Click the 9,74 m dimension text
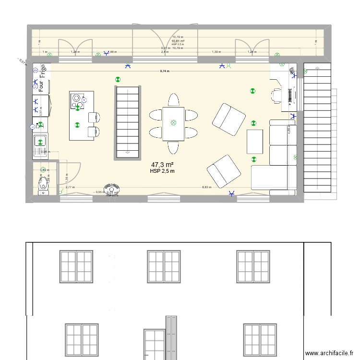coord(166,71)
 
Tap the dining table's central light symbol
coord(173,123)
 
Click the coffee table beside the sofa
coord(255,142)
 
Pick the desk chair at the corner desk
coord(276,95)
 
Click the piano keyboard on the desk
coord(290,95)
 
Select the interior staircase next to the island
coord(127,122)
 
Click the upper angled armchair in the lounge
coord(229,119)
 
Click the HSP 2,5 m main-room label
coord(162,171)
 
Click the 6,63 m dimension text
coord(206,187)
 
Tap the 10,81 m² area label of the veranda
coord(178,41)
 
